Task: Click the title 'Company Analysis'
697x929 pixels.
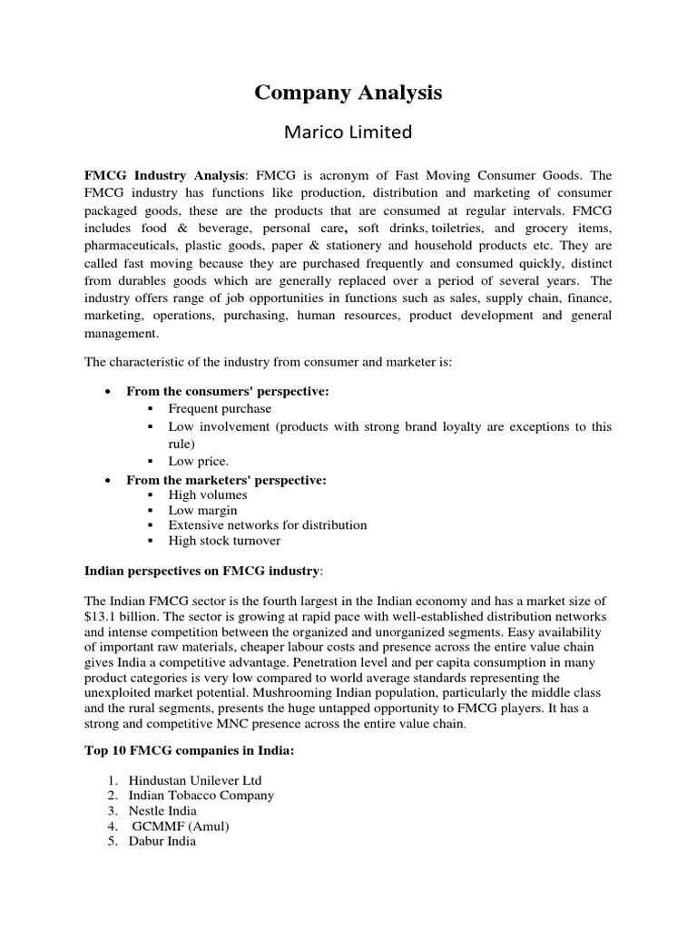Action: (x=348, y=93)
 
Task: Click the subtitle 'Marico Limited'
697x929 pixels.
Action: (x=348, y=133)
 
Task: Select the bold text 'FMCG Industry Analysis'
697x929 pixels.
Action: (x=165, y=175)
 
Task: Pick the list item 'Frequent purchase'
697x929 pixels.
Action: (x=220, y=408)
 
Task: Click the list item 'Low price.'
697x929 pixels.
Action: (x=199, y=461)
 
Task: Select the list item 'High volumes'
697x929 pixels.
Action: (x=208, y=495)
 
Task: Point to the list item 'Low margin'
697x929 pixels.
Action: (x=202, y=511)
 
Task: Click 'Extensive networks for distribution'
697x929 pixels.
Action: (x=268, y=525)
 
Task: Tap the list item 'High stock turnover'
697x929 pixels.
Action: (x=224, y=541)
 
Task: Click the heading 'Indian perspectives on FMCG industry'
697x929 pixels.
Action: (x=201, y=571)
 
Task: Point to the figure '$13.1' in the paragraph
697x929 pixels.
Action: (x=101, y=616)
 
